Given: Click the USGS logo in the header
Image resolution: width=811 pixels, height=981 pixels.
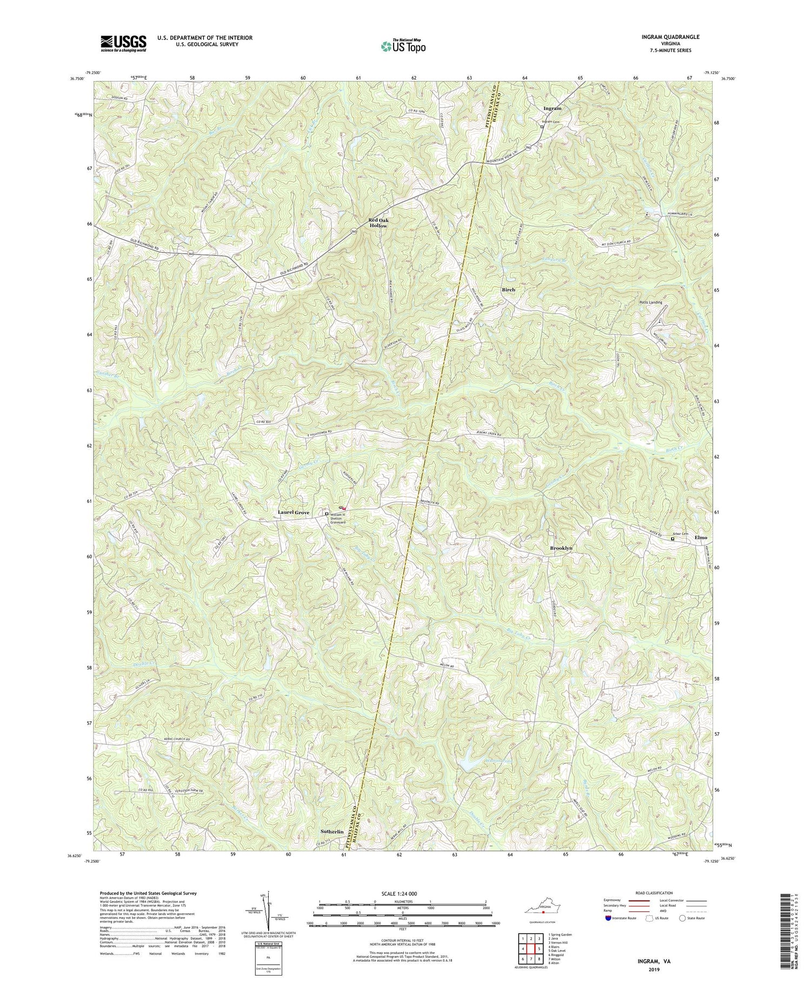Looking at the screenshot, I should click(123, 43).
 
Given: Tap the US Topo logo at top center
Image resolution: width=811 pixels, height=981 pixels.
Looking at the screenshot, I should click(403, 46).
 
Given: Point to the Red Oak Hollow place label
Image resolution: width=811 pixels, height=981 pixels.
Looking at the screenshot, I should click(378, 223).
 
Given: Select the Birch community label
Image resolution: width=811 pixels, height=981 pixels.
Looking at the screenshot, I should click(509, 289).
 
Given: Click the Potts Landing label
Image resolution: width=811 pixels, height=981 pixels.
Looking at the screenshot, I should click(650, 302).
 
